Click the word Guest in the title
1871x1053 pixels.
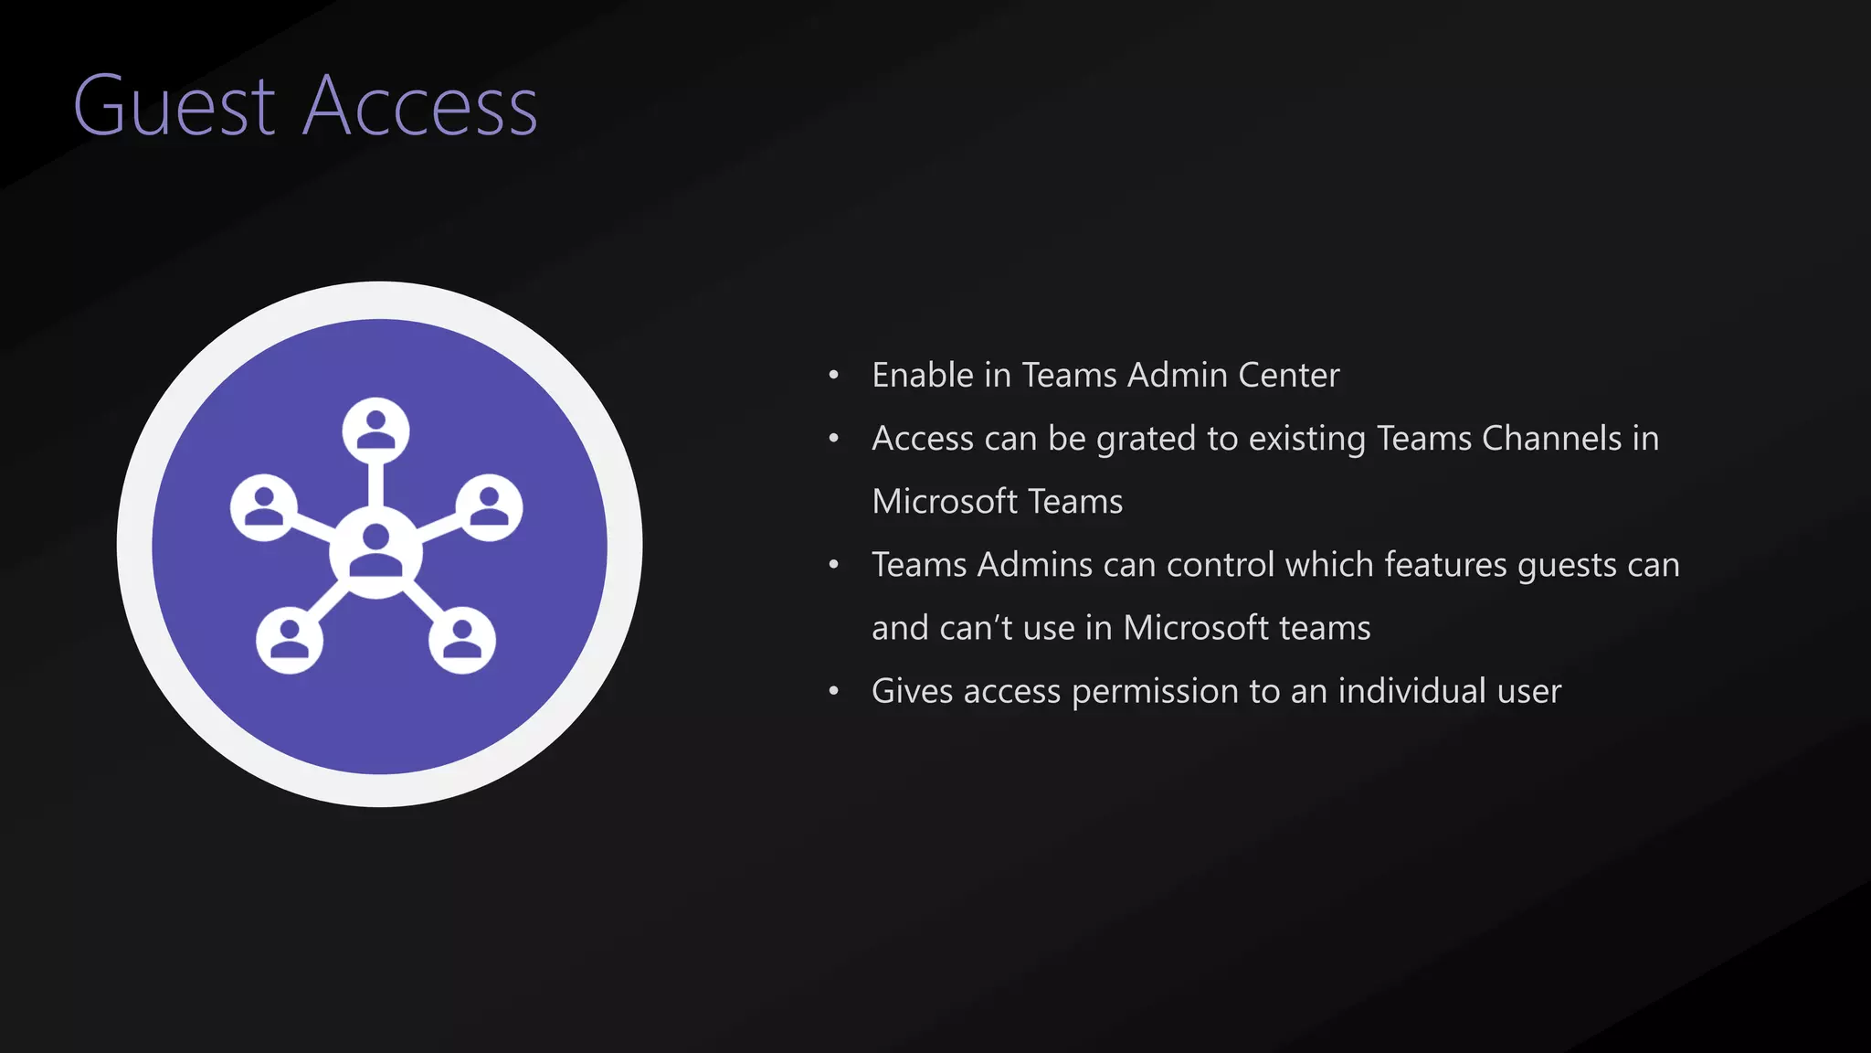tap(174, 106)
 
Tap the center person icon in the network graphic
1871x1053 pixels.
tap(375, 550)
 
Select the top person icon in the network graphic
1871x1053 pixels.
tap(375, 430)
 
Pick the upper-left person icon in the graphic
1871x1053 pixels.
tap(264, 507)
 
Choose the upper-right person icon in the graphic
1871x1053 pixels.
tap(489, 507)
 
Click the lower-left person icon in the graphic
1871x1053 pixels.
tap(290, 639)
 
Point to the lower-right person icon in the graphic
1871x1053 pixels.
tap(462, 639)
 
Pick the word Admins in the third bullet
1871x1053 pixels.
tap(1034, 565)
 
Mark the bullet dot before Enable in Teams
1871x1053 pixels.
tap(833, 376)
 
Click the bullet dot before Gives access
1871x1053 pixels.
tap(833, 692)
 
